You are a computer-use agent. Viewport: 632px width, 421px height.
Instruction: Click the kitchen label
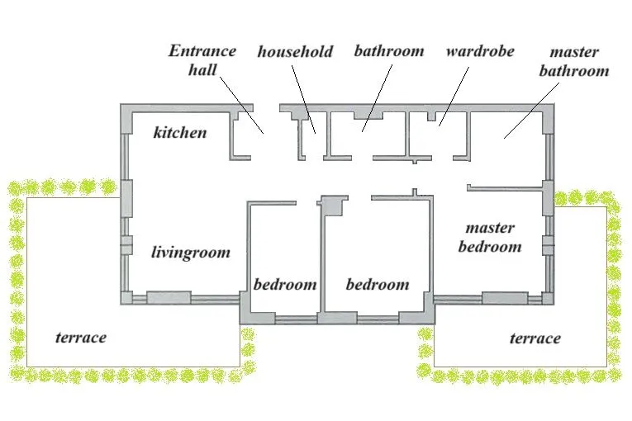pos(180,133)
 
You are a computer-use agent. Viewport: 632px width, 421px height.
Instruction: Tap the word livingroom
pos(191,253)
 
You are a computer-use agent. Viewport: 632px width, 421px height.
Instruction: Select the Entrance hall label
pos(202,60)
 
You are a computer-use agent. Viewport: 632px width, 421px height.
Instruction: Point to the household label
pos(295,51)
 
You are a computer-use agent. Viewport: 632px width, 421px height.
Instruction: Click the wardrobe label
pos(480,51)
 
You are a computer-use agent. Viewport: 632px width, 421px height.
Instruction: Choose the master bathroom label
pos(574,61)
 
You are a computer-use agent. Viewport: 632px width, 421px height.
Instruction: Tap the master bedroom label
pos(490,237)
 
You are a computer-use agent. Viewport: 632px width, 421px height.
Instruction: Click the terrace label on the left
pos(81,337)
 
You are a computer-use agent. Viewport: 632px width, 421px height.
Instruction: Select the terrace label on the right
pos(535,338)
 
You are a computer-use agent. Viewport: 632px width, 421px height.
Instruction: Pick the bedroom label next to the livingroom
pos(285,285)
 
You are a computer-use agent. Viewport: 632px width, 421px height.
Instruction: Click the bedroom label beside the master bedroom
pos(378,285)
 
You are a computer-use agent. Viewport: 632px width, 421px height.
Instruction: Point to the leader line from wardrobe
pos(454,97)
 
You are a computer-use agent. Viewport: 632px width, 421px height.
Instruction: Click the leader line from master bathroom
pos(532,111)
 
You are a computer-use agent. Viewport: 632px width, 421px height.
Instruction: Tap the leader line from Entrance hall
pos(242,105)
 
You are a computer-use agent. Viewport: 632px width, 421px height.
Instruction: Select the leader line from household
pos(303,100)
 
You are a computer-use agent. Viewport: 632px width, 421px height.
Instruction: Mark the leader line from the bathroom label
pos(377,98)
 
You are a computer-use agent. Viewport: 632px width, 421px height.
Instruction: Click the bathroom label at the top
pos(389,51)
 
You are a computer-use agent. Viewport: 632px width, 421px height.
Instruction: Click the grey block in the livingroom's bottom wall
pos(169,297)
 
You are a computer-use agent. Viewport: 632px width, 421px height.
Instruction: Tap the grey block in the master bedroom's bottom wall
pos(505,298)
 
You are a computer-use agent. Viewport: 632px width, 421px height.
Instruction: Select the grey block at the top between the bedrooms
pos(334,206)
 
